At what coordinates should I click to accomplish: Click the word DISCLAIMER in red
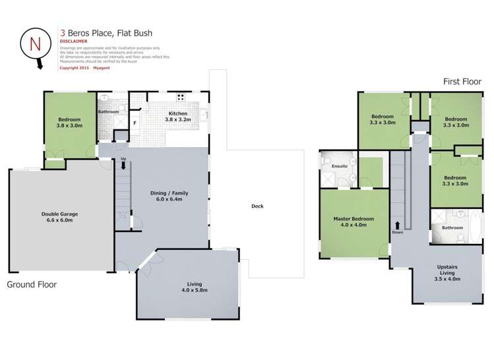(x=73, y=42)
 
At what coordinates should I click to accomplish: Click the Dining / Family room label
(x=170, y=196)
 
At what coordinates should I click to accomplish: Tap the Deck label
(x=257, y=206)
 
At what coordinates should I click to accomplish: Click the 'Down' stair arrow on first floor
(x=398, y=226)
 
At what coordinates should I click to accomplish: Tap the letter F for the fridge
(x=135, y=123)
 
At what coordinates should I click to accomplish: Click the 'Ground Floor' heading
(x=32, y=285)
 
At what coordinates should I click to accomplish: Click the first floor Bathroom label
(x=452, y=227)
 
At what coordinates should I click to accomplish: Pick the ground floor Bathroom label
(x=108, y=112)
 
